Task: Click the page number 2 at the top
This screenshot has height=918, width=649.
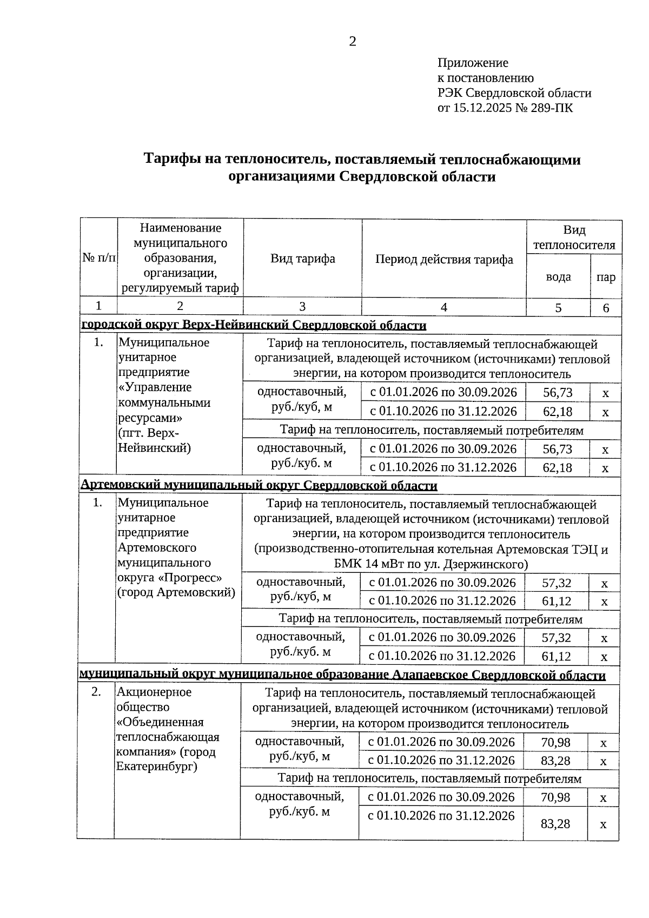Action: (353, 42)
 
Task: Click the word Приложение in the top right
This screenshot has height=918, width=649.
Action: (472, 63)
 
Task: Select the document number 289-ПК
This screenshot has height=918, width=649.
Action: (553, 108)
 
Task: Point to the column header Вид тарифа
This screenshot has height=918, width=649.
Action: (302, 259)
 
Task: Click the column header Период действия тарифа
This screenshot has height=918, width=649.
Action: (444, 259)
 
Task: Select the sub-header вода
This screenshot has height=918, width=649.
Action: (558, 277)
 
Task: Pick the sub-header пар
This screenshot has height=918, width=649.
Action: (606, 278)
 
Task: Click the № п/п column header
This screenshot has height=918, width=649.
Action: (99, 259)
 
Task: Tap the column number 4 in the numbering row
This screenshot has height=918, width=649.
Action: (444, 307)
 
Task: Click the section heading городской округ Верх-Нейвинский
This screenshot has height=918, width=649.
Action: (253, 325)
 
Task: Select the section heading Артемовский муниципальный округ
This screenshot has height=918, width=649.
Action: (259, 485)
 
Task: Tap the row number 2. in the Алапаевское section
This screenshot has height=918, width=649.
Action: (96, 692)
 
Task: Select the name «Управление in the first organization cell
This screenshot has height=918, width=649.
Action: (155, 387)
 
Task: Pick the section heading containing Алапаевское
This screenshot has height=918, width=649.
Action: (342, 675)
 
